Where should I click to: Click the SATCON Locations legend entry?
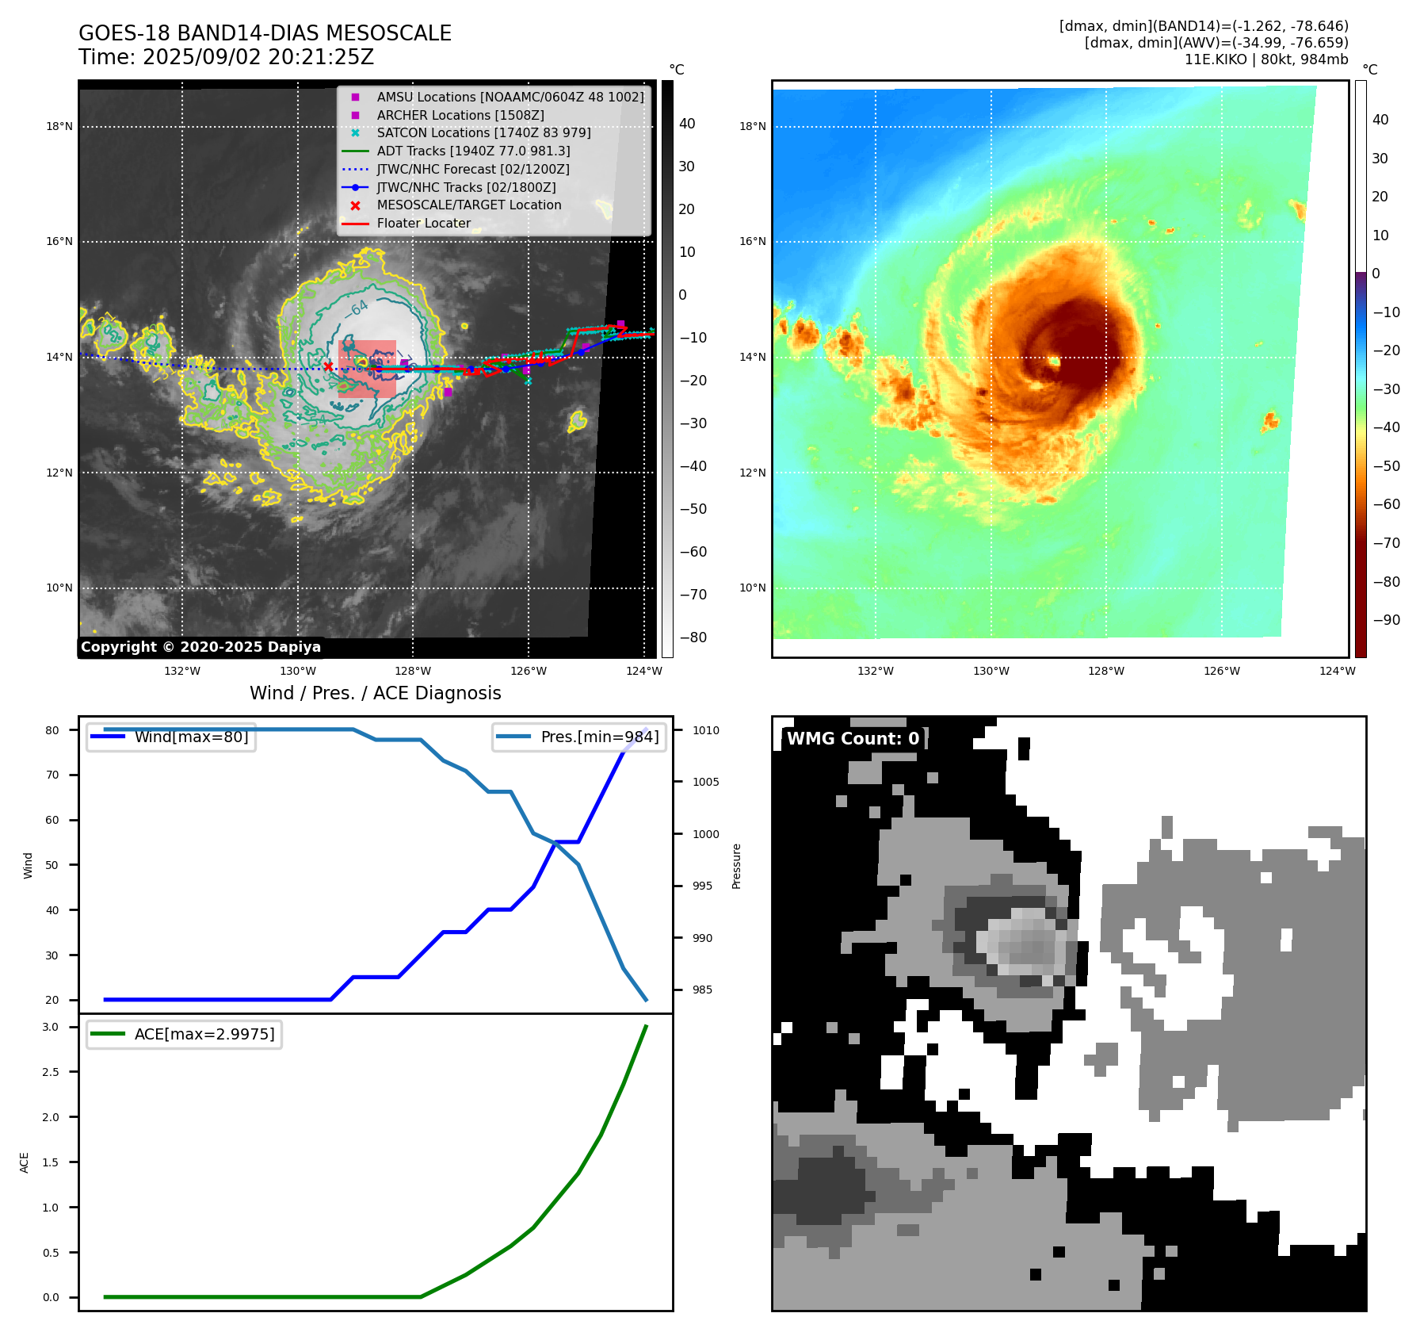coord(483,133)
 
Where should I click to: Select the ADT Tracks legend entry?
coord(473,151)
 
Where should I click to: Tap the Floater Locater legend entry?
coord(423,224)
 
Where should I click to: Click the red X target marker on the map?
coord(328,366)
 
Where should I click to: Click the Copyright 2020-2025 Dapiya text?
coord(200,647)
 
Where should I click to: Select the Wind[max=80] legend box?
coord(171,737)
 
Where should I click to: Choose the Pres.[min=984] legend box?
coord(578,737)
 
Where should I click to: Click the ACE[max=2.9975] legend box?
coord(184,1034)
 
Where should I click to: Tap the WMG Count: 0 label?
coord(853,739)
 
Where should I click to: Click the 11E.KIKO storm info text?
coord(1265,59)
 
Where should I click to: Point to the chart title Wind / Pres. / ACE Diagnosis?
coord(375,693)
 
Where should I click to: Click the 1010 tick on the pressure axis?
coord(705,730)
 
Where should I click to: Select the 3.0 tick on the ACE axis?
coord(51,1027)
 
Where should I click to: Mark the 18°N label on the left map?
coord(59,126)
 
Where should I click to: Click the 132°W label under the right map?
coord(875,671)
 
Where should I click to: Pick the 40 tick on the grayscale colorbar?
coord(687,124)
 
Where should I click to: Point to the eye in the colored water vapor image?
coord(1055,362)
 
